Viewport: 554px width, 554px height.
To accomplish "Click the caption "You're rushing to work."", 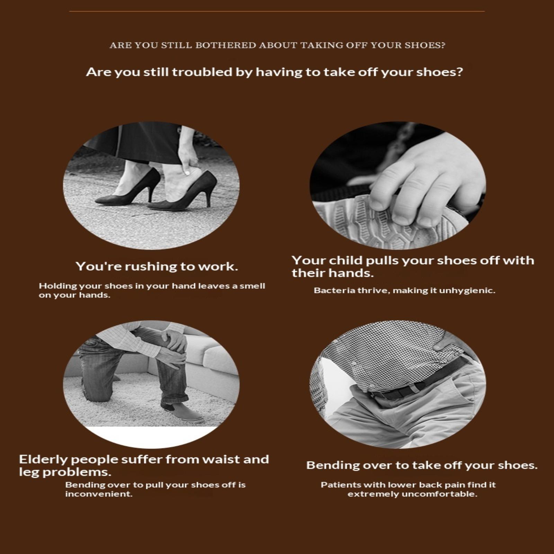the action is pos(157,266).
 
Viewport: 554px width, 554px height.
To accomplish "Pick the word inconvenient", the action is pos(99,494).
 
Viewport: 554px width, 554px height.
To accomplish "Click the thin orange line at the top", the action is pos(277,11).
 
